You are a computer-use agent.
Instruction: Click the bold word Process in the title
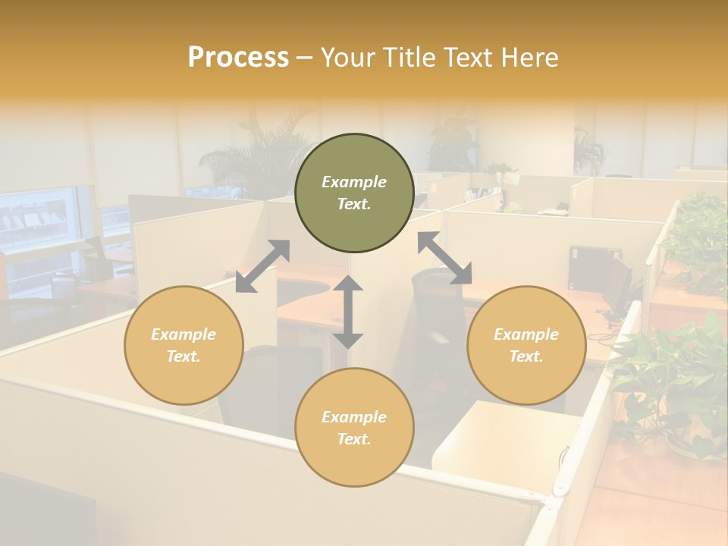pos(238,58)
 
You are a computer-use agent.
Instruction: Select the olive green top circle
pos(354,193)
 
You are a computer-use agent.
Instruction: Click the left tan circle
pos(184,345)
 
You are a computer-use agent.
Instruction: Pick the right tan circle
pos(526,345)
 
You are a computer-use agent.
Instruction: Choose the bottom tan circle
pos(354,427)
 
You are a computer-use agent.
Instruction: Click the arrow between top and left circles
pos(262,266)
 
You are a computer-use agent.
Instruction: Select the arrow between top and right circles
pos(444,258)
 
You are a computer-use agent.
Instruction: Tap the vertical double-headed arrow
pos(348,312)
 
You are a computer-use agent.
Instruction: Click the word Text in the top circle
pos(353,205)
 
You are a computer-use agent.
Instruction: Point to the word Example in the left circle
pos(184,334)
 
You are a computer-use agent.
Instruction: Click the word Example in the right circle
pos(526,334)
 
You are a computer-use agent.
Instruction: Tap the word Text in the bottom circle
pos(353,439)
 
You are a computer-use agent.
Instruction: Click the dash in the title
pos(305,58)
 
